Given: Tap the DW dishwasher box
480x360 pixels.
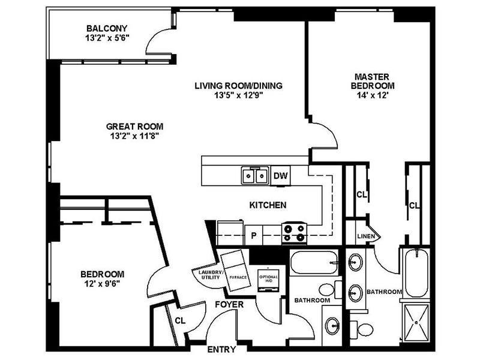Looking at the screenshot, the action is click(x=280, y=176).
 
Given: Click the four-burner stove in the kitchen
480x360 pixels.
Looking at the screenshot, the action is click(x=295, y=232).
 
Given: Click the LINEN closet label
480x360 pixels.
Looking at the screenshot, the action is click(x=366, y=236).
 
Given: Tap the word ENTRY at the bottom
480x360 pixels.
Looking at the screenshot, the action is click(x=221, y=350).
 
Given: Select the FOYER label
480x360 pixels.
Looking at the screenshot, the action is click(x=229, y=305).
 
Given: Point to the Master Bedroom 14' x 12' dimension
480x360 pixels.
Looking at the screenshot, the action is click(x=372, y=95).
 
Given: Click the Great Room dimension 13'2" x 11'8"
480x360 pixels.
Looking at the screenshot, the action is click(x=134, y=136).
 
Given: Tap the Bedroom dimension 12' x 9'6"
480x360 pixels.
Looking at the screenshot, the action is click(x=102, y=284).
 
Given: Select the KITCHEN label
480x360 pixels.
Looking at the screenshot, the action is click(x=267, y=205).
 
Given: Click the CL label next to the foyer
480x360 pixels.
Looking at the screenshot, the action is click(x=179, y=320).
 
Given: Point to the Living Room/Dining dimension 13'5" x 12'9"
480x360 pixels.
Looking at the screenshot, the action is click(x=238, y=95).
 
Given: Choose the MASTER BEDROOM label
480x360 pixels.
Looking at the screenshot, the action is click(x=372, y=81).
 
